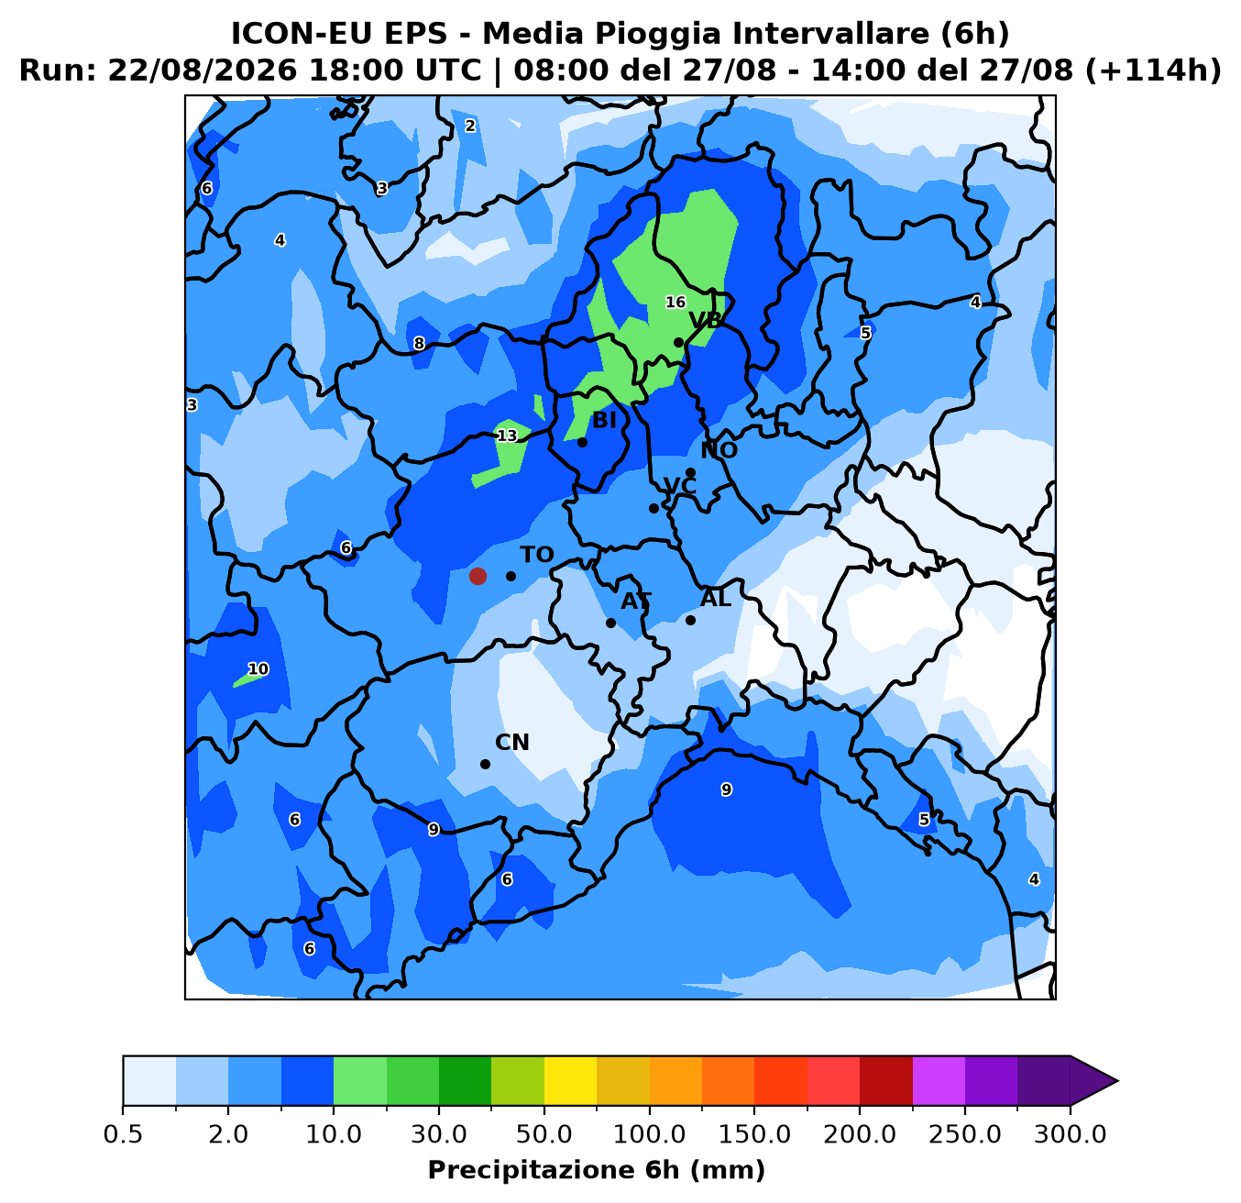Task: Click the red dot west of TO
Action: (478, 576)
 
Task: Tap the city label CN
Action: (512, 743)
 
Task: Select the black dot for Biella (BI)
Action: (582, 442)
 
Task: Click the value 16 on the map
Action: (675, 303)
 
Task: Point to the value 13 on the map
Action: (507, 436)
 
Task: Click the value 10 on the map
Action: (258, 669)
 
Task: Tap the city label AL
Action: (716, 599)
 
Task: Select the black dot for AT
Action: (610, 623)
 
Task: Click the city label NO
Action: (719, 450)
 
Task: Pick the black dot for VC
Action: (653, 508)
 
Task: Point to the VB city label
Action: (706, 320)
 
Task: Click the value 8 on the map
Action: (419, 344)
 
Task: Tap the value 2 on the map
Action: (470, 126)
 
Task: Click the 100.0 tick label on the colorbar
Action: (649, 1135)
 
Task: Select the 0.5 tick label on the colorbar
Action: (123, 1135)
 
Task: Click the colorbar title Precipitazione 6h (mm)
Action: (597, 1171)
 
